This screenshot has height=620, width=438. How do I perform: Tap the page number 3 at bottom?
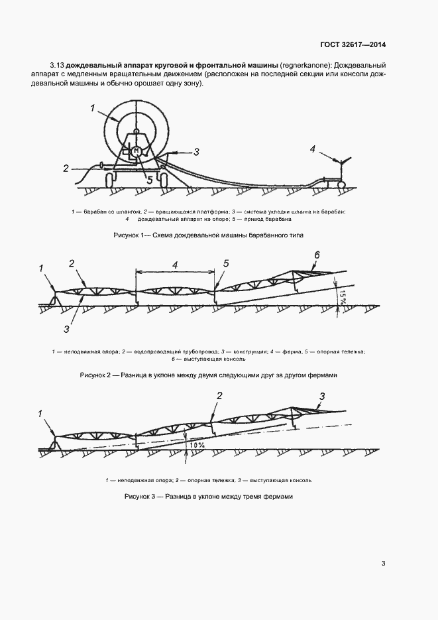click(x=384, y=564)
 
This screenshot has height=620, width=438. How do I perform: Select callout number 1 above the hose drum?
click(x=93, y=108)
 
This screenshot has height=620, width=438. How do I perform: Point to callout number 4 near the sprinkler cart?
click(x=312, y=149)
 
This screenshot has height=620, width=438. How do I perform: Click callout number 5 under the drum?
click(x=149, y=179)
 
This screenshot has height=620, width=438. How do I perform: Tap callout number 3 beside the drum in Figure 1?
click(x=196, y=152)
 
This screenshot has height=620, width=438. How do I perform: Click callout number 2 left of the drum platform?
click(x=66, y=168)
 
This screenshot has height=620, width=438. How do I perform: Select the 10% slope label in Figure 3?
click(x=196, y=446)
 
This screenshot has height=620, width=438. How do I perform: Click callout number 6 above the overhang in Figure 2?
click(x=317, y=255)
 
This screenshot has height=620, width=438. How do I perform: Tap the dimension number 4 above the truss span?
click(x=175, y=265)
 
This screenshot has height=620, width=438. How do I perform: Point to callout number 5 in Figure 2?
click(x=226, y=264)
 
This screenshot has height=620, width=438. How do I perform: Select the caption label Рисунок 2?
click(x=98, y=375)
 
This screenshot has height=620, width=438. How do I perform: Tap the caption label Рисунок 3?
click(x=142, y=497)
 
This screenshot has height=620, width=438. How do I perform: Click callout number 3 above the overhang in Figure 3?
click(x=322, y=397)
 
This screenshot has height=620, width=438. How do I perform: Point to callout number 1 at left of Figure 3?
click(x=40, y=414)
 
